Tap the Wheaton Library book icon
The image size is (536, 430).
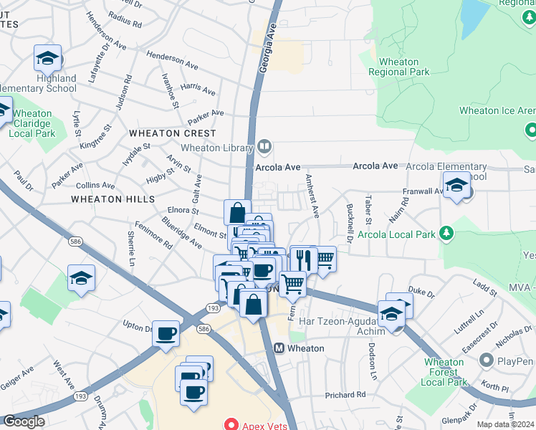pyautogui.click(x=264, y=148)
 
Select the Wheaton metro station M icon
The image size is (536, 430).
pyautogui.click(x=279, y=348)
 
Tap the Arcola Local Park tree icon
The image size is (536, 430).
pyautogui.click(x=446, y=234)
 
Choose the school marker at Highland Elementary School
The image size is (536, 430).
pyautogui.click(x=48, y=58)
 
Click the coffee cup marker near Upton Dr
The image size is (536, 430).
pyautogui.click(x=166, y=333)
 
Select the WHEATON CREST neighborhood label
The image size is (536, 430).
pyautogui.click(x=172, y=133)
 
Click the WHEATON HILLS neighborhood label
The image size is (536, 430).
pyautogui.click(x=113, y=199)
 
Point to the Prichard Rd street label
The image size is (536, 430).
pyautogui.click(x=345, y=395)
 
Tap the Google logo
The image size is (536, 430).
pyautogui.click(x=24, y=421)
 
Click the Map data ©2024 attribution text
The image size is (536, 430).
pyautogui.click(x=505, y=424)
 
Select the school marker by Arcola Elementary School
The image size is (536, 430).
pyautogui.click(x=456, y=186)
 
